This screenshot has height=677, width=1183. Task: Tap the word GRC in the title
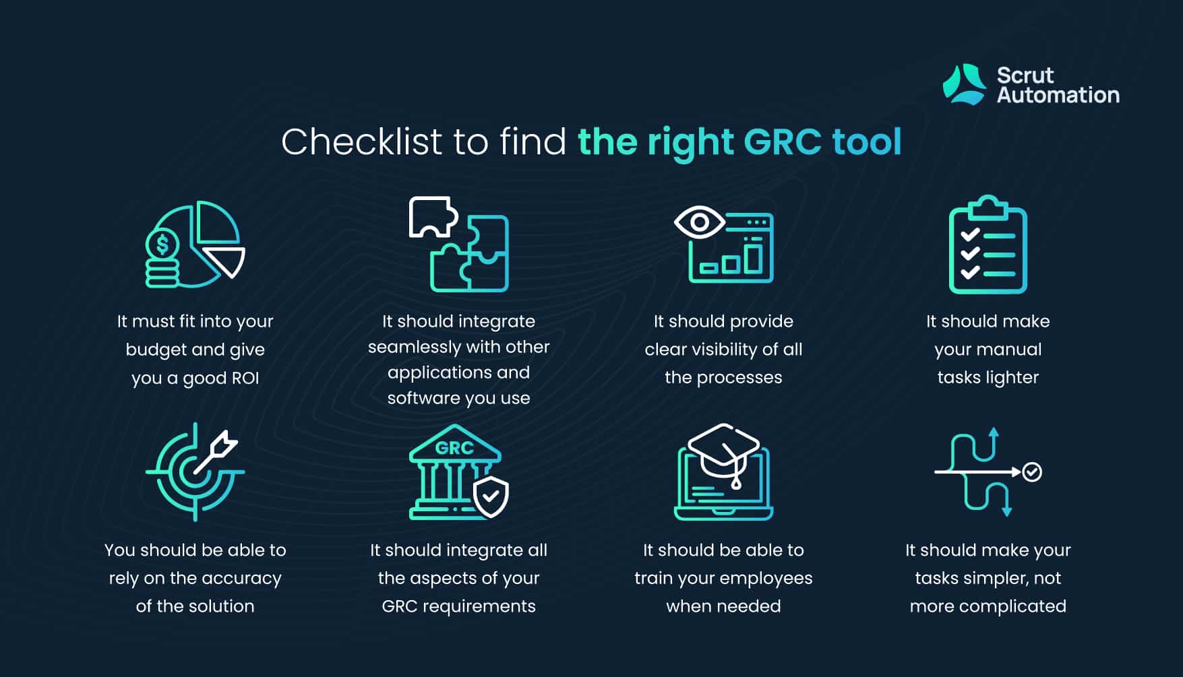[783, 141]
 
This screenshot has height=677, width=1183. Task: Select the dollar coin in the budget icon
[162, 245]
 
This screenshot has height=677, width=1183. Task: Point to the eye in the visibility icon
[700, 222]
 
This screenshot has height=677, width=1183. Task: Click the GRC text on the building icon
[454, 448]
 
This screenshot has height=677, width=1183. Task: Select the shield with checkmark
[491, 496]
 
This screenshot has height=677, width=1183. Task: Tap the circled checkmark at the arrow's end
[1032, 472]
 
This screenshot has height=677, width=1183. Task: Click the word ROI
[245, 378]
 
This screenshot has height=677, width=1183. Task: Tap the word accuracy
[241, 579]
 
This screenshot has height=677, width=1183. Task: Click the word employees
[767, 579]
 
